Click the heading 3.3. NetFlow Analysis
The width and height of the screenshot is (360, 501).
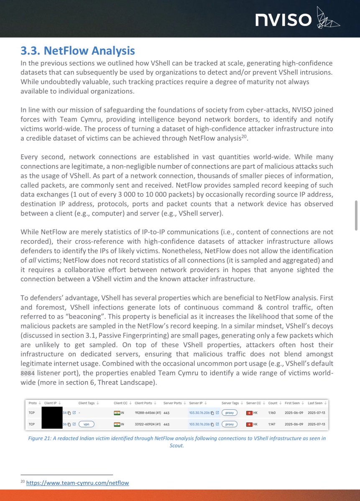point(78,51)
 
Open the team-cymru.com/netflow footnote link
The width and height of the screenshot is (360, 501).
point(77,483)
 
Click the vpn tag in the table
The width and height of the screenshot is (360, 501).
point(87,424)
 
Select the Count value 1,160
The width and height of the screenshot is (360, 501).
point(272,413)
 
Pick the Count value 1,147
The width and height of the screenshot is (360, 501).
point(272,424)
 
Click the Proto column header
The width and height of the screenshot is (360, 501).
point(32,403)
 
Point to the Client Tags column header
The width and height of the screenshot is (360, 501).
point(87,403)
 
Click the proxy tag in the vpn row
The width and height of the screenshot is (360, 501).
point(229,424)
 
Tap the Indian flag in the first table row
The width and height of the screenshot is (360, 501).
point(117,413)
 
